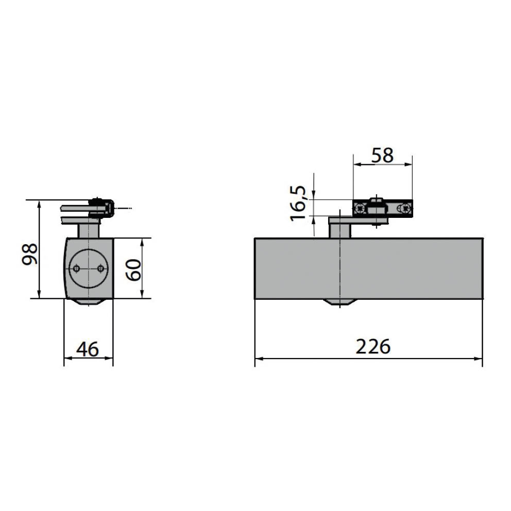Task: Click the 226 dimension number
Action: pos(373,347)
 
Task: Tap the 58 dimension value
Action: pos(382,155)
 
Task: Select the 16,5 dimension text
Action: pos(298,204)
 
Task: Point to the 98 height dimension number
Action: pos(30,253)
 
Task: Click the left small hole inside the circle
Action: pos(76,268)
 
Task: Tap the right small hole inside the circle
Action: pos(100,268)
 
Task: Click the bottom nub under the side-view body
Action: pos(88,302)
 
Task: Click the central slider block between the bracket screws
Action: pos(378,209)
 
